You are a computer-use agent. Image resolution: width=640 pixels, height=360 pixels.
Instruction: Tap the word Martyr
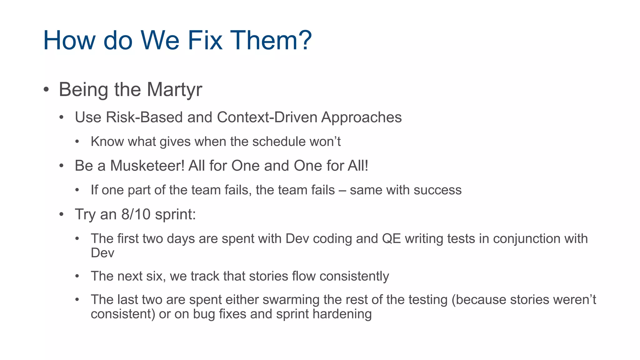(x=174, y=90)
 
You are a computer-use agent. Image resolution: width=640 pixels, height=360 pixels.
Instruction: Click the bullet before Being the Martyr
(x=46, y=90)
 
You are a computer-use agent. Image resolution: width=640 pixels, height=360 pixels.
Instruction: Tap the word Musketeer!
(x=147, y=166)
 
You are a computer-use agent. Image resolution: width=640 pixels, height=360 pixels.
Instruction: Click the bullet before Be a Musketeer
(x=62, y=166)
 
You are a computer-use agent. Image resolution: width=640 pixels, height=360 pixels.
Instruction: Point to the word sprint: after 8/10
(x=175, y=215)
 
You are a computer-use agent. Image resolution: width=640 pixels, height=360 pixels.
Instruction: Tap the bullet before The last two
(x=77, y=300)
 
